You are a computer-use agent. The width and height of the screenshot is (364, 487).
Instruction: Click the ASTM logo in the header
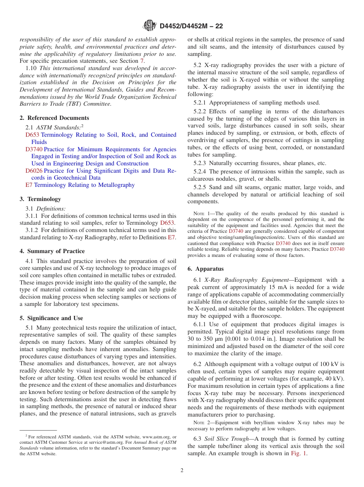[x=149, y=26]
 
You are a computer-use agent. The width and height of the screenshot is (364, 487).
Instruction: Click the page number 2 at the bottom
[x=182, y=471]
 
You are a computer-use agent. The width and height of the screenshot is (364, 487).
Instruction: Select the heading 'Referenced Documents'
[x=58, y=118]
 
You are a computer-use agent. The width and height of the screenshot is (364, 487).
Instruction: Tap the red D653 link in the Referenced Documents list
[x=32, y=135]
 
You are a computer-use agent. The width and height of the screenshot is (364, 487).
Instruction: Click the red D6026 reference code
[x=34, y=171]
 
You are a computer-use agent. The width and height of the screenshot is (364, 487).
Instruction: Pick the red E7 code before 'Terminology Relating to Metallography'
[x=29, y=185]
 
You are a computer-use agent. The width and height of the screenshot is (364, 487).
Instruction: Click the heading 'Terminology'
[x=44, y=199]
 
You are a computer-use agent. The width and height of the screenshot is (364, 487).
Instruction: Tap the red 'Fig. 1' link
[x=298, y=453]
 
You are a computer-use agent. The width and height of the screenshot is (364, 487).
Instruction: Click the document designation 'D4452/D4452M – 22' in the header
[x=191, y=26]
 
